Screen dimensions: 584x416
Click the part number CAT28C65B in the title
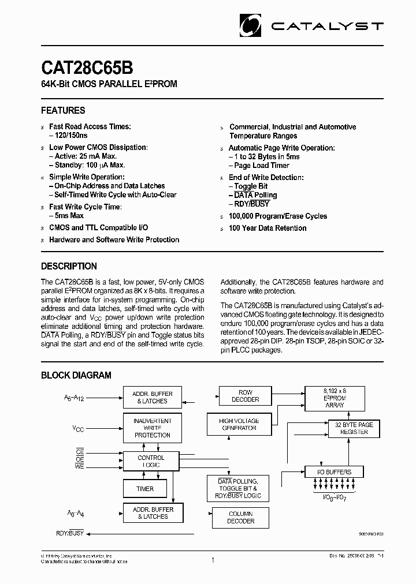coord(87,68)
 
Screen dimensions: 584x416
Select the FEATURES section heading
coord(63,110)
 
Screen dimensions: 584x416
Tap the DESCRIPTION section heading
coord(69,266)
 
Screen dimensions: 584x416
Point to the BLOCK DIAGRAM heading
coord(76,375)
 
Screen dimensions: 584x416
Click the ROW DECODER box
coord(245,396)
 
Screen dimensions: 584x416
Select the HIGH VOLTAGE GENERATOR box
coord(239,425)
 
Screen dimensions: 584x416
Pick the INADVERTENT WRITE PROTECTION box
coord(152,428)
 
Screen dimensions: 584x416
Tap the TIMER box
coord(145,489)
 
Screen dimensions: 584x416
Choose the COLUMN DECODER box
coord(240,517)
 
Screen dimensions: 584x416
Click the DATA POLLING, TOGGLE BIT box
coord(237,488)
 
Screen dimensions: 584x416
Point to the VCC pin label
coord(78,429)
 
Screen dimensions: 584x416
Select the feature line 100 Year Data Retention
coord(268,228)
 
